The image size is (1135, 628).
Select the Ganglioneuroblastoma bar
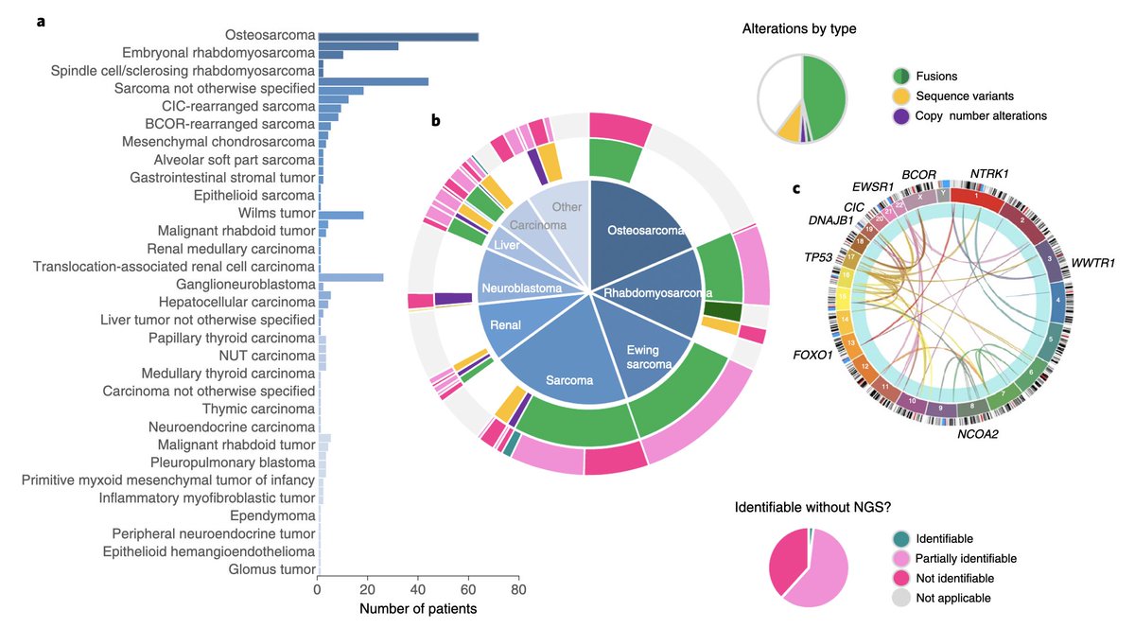(350, 277)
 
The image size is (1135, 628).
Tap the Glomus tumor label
(271, 569)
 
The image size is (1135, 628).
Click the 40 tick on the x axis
(417, 591)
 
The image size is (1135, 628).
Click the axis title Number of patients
(418, 609)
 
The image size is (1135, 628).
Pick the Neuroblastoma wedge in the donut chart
(520, 287)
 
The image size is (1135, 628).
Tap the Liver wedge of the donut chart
(510, 245)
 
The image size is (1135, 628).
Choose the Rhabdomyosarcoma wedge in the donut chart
(656, 293)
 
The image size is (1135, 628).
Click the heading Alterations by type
(799, 29)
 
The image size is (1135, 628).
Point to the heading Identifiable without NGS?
(811, 508)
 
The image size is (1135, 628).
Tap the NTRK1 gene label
(988, 174)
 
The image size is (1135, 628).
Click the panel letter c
(796, 188)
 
